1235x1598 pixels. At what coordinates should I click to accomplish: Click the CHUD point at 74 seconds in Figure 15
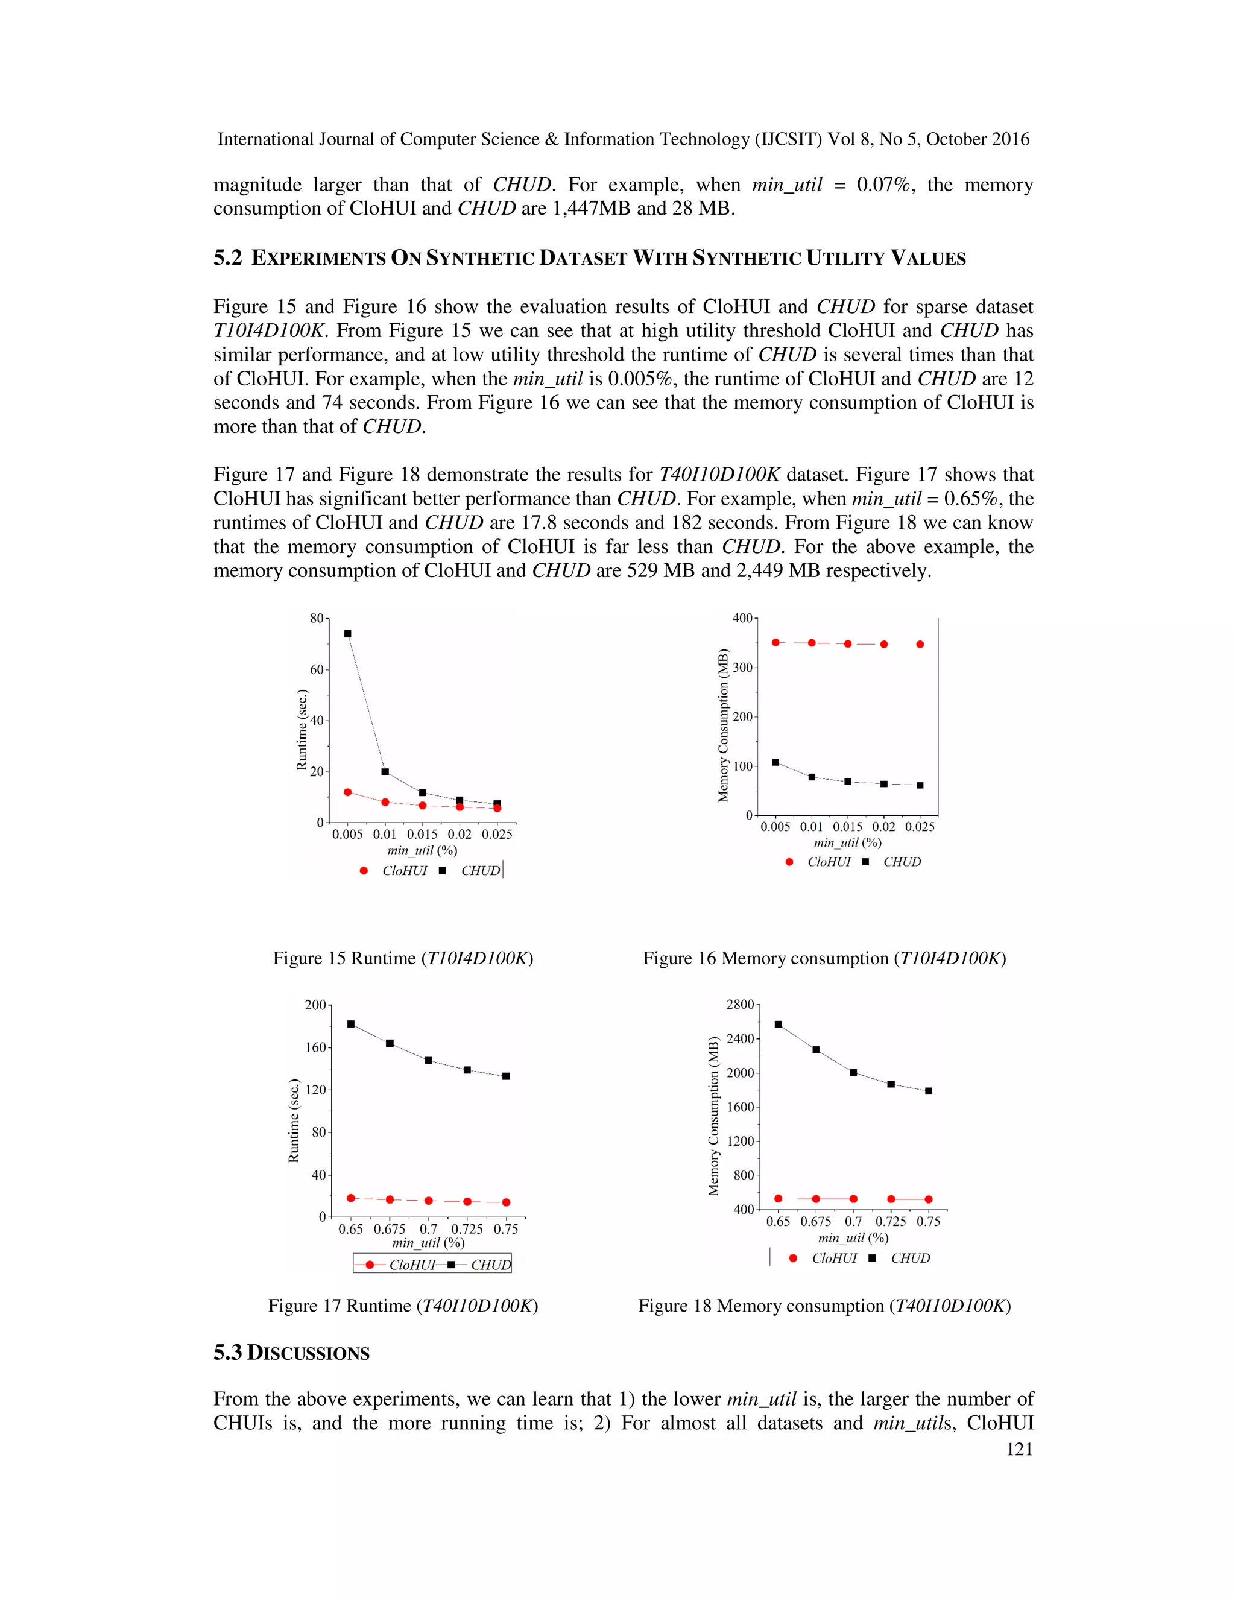coord(347,634)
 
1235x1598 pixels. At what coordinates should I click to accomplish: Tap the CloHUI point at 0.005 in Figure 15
coord(347,792)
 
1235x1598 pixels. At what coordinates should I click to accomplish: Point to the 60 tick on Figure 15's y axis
coord(317,669)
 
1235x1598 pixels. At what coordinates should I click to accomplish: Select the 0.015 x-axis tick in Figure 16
coord(847,827)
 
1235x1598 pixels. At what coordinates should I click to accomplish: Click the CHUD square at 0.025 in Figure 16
coord(920,785)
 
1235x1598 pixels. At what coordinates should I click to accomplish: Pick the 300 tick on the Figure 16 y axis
coord(742,668)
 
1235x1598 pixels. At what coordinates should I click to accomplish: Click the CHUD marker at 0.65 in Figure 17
coord(351,1024)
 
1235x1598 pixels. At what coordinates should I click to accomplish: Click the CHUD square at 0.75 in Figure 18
coord(929,1091)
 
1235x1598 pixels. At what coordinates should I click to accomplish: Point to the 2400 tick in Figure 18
coord(740,1038)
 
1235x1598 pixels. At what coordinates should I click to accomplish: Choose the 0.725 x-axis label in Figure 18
coord(891,1221)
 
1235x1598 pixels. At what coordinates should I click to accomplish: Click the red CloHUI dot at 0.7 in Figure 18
coord(853,1199)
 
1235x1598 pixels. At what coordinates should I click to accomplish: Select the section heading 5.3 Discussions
coord(291,1353)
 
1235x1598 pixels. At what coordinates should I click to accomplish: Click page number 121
coord(1019,1450)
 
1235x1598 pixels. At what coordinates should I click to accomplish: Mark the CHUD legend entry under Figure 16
coord(902,862)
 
